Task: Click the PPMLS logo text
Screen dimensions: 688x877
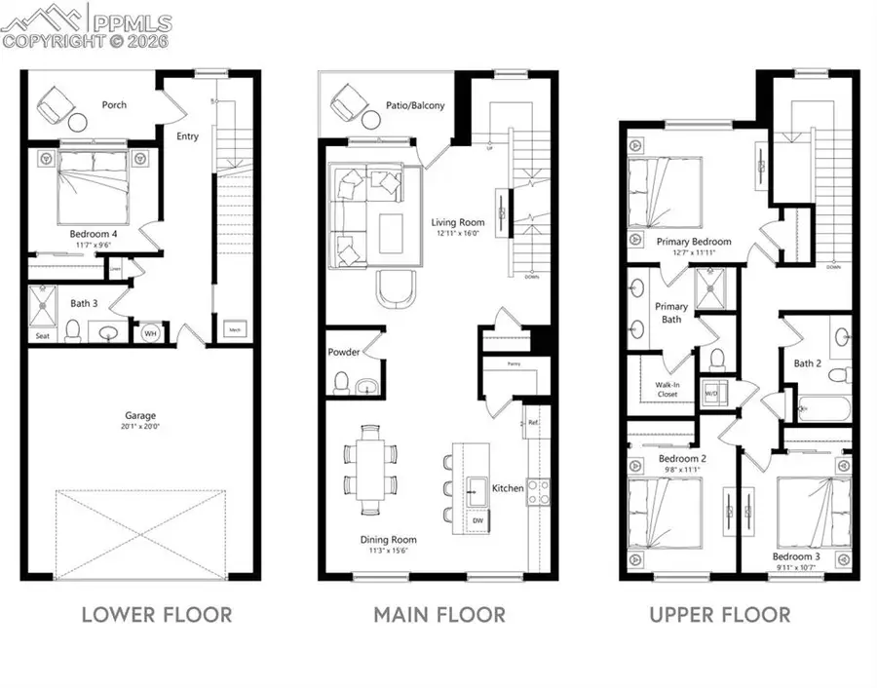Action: (x=131, y=19)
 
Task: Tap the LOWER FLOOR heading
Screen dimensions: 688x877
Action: (x=156, y=615)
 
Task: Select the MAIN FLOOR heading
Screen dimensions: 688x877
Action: (x=439, y=615)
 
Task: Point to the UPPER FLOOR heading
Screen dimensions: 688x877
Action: (x=720, y=615)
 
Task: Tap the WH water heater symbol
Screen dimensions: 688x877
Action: (x=150, y=331)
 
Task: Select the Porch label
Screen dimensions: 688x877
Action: (x=114, y=105)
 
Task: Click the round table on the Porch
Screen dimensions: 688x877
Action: (x=77, y=123)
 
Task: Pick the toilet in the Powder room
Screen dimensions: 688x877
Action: (x=341, y=384)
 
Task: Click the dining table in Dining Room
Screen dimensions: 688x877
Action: (x=371, y=468)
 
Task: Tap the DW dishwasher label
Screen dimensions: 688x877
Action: (x=477, y=521)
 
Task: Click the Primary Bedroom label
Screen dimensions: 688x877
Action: (x=694, y=242)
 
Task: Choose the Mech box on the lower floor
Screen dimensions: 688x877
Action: (x=234, y=329)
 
